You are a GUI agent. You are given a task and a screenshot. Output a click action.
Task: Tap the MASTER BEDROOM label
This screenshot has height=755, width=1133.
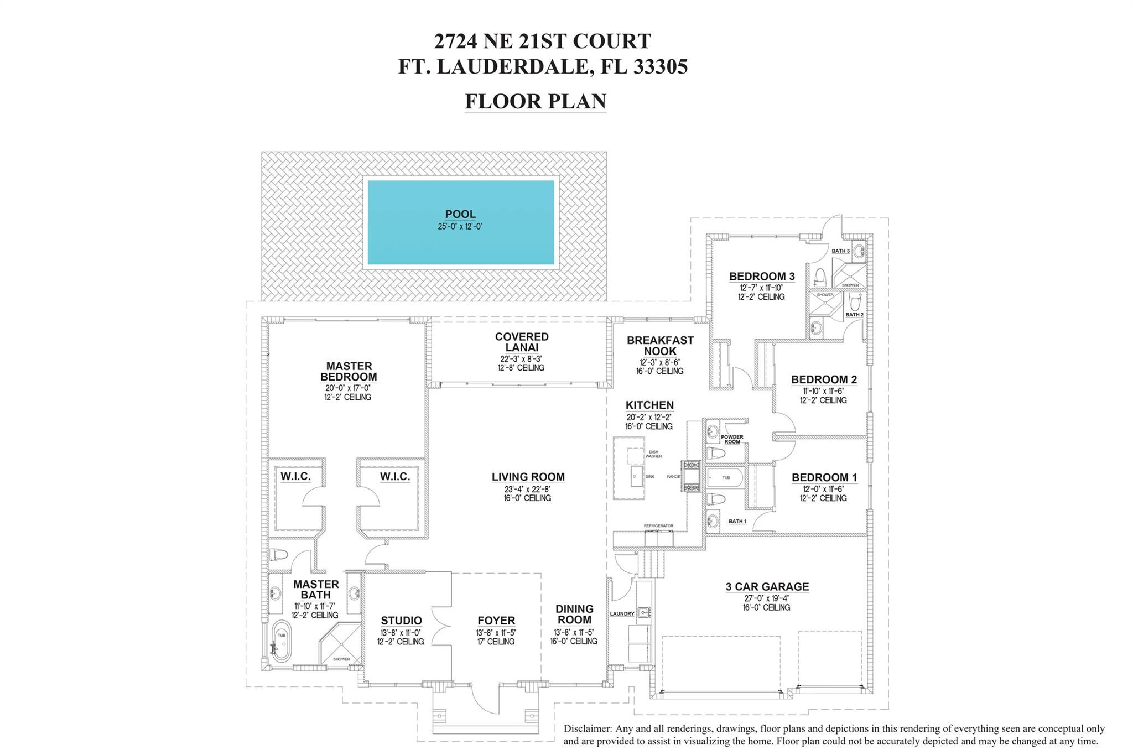(x=349, y=371)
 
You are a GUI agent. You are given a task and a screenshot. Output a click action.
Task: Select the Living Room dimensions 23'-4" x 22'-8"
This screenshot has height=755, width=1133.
(x=527, y=489)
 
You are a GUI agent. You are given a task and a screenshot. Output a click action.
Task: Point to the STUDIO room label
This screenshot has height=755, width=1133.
(x=401, y=621)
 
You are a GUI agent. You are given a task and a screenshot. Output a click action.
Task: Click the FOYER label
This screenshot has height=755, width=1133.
(x=496, y=621)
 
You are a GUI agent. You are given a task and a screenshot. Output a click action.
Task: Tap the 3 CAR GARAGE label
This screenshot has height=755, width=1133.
(x=767, y=586)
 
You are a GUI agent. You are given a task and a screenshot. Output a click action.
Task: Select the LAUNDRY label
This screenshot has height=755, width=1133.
(x=622, y=614)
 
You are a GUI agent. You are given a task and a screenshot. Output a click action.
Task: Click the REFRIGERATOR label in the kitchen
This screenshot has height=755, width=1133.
(x=658, y=525)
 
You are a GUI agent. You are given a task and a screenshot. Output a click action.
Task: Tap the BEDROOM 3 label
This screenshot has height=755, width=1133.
(x=761, y=276)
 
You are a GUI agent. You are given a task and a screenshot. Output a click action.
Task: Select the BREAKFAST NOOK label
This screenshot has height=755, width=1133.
(x=659, y=346)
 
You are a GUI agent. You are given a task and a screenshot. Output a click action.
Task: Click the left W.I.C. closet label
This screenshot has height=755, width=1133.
(x=295, y=476)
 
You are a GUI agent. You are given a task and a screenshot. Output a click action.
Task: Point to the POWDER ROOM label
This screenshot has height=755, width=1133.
(x=732, y=439)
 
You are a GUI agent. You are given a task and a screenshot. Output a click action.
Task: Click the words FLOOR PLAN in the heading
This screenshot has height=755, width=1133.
(x=535, y=101)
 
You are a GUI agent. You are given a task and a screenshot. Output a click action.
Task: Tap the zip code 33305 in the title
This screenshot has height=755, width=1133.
(x=661, y=67)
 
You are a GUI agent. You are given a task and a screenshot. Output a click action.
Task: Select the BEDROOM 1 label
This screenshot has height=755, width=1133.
(x=824, y=477)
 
